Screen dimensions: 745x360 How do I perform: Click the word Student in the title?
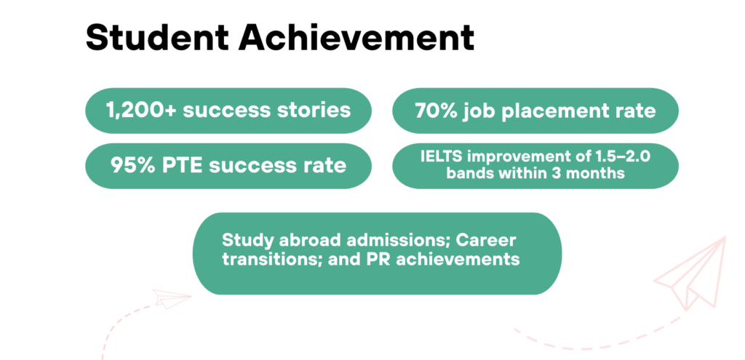click(x=157, y=38)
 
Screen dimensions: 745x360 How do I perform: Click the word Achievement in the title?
click(x=356, y=38)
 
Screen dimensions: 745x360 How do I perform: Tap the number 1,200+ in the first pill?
click(x=141, y=111)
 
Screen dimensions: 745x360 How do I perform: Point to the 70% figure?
click(x=436, y=111)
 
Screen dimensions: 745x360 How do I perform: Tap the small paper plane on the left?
click(x=172, y=298)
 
